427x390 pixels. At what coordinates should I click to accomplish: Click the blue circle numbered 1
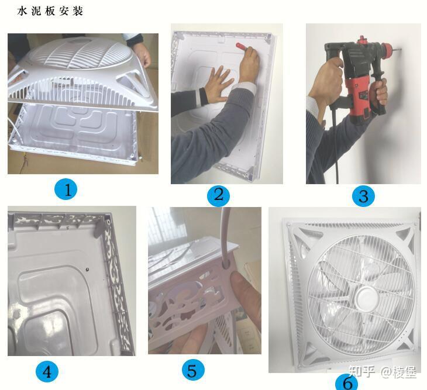(x=67, y=190)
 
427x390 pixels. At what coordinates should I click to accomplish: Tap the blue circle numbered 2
(x=218, y=194)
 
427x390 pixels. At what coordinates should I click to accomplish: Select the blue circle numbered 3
(x=363, y=196)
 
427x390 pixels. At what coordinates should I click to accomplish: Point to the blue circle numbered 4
(x=47, y=371)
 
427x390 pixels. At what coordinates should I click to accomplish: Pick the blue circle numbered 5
(x=193, y=370)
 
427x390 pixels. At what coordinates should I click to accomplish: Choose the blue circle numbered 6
(x=347, y=382)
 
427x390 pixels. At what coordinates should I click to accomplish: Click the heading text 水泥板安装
(x=50, y=11)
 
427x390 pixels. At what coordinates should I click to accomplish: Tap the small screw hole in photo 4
(x=87, y=270)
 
